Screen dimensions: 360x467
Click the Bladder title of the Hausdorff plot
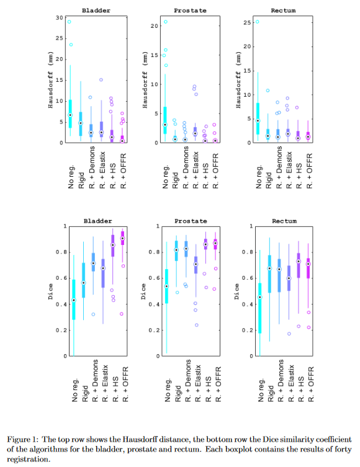96,11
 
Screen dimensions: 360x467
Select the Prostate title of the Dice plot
191,221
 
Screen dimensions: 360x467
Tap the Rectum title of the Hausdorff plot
284,11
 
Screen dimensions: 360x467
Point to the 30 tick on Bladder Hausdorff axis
60,18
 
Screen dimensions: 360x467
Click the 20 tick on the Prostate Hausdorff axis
154,26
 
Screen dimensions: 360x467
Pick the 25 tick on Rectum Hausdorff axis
247,22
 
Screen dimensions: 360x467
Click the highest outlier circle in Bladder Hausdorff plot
69,22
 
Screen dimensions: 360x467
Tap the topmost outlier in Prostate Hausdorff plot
166,22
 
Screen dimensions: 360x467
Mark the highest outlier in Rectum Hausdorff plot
258,22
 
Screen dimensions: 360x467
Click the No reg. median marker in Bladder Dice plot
74,300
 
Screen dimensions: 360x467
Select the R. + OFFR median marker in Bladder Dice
122,238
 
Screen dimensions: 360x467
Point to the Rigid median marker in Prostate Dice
176,250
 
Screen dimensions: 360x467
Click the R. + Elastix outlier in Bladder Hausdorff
101,80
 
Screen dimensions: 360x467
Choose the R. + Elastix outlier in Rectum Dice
289,334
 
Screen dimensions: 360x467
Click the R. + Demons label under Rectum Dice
281,381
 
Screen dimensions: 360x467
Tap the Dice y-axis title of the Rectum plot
236,291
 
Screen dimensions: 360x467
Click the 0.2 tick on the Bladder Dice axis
61,330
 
